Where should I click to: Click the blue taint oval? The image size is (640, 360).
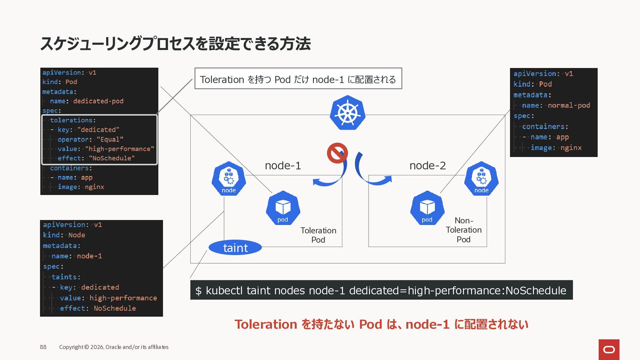tap(235, 248)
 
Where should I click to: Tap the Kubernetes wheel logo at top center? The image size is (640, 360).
tap(347, 113)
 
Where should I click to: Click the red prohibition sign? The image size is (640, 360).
tap(337, 153)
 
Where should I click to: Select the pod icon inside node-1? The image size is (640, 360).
tap(283, 208)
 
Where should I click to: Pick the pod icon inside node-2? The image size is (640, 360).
tap(427, 208)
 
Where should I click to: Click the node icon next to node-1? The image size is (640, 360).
tap(229, 179)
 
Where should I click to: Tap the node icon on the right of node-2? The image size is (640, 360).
tap(481, 179)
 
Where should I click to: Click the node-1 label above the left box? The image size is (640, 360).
tap(283, 165)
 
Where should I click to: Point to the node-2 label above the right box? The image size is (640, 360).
tap(427, 165)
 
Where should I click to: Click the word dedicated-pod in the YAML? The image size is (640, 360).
tap(98, 101)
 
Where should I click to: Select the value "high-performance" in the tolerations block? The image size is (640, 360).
tap(119, 149)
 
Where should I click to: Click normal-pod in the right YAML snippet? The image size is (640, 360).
tap(569, 105)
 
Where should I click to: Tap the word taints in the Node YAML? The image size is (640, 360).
tap(64, 277)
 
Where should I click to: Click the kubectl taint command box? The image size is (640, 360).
tap(381, 290)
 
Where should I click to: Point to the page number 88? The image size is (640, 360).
tap(43, 347)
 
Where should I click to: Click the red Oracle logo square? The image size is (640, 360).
tap(609, 349)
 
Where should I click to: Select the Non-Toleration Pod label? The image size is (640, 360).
tap(464, 230)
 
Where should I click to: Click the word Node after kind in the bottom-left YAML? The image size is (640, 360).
tap(77, 235)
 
